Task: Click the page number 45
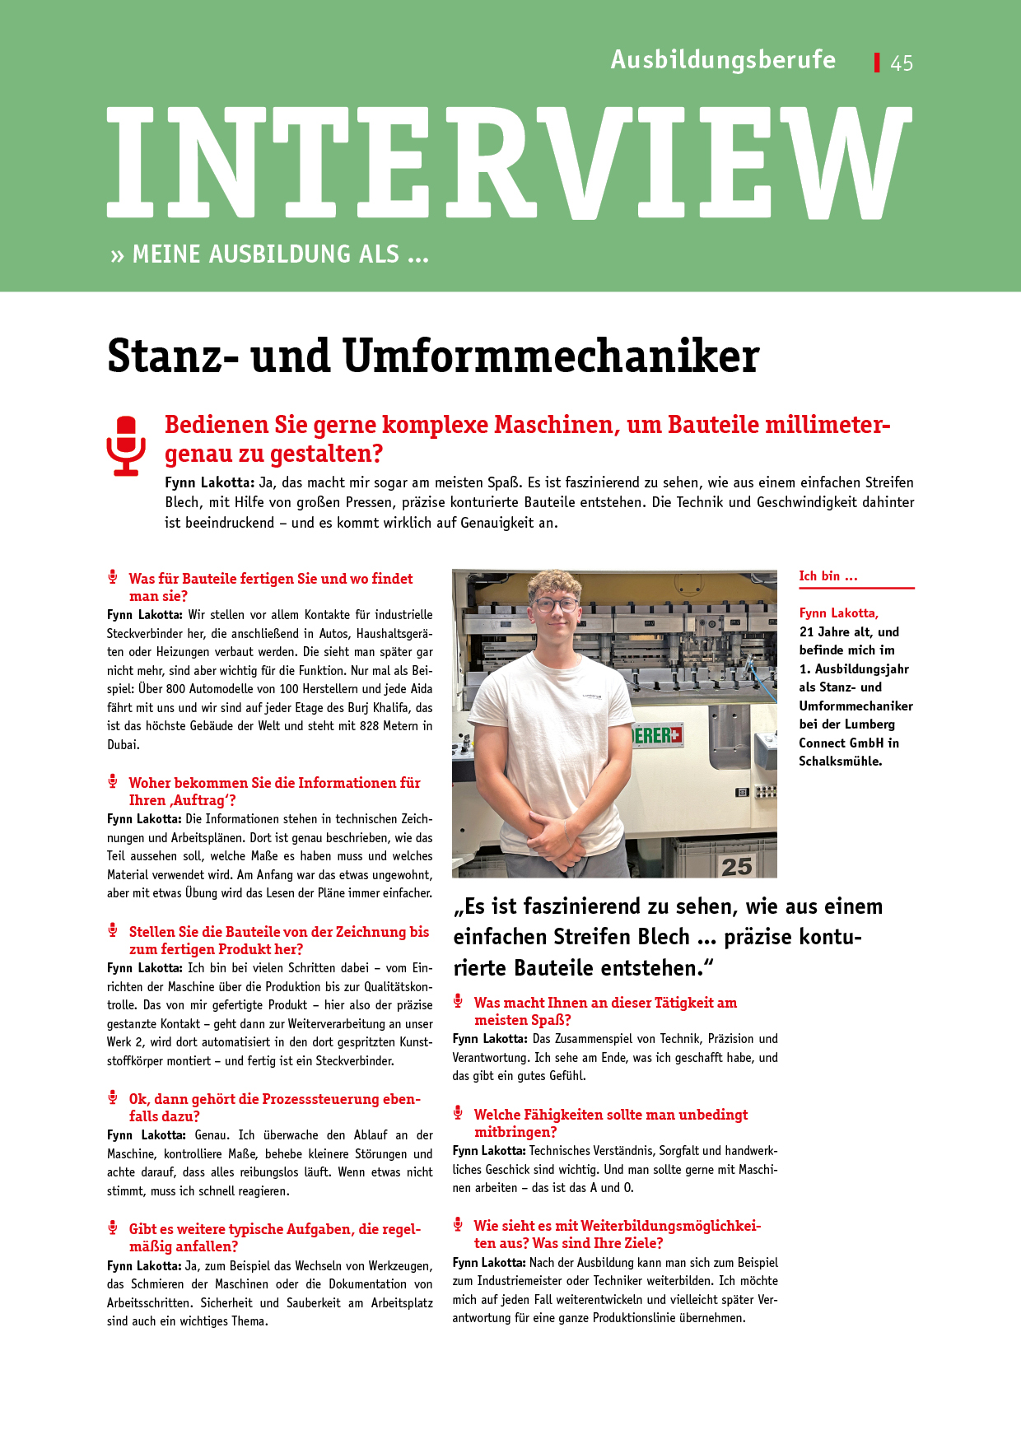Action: pos(902,63)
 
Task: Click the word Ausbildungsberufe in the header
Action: pos(723,60)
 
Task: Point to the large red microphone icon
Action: pos(126,445)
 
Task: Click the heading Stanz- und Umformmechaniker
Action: pos(433,356)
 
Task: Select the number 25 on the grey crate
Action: pos(736,866)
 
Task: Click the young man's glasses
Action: pos(556,605)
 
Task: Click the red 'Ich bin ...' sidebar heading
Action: pos(828,576)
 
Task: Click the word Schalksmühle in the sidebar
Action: pos(839,762)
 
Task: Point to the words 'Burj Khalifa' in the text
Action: pos(379,708)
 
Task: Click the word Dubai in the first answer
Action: pos(123,745)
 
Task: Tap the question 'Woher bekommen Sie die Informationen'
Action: pos(274,783)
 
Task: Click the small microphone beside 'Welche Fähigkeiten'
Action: pos(458,1113)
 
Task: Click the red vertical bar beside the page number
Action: pos(877,63)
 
